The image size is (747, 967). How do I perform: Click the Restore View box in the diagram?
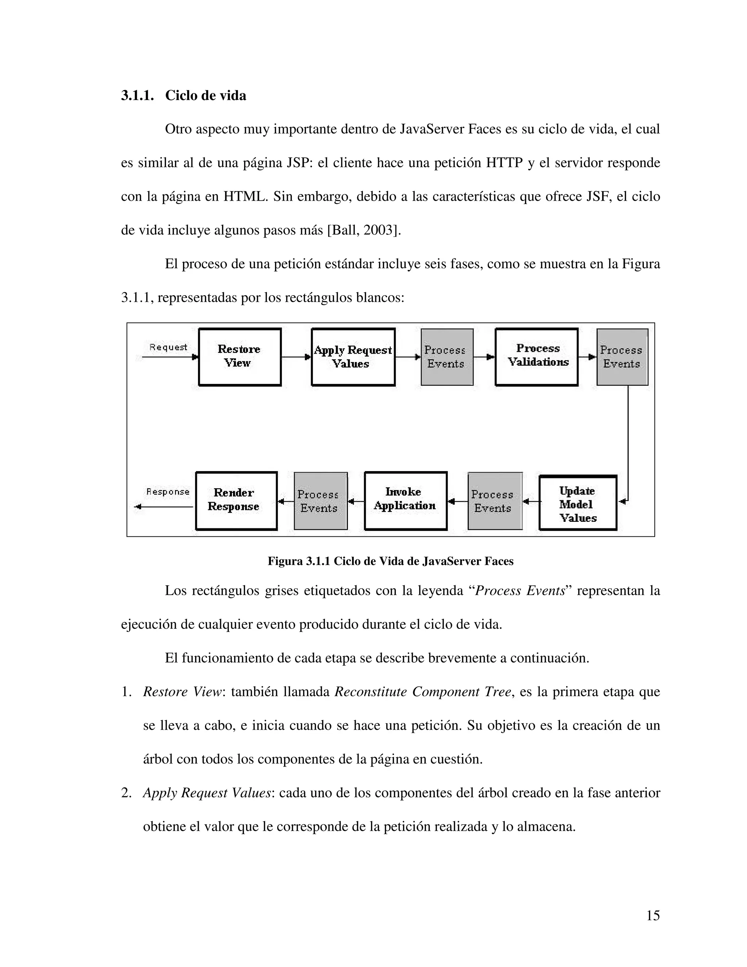(239, 357)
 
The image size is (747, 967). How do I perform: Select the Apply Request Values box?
(353, 357)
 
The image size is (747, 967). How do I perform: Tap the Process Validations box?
(536, 357)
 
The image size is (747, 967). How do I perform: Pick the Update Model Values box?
(577, 503)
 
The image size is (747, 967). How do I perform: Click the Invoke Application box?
(405, 500)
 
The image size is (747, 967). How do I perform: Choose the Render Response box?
(236, 500)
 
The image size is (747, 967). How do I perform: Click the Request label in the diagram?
(168, 347)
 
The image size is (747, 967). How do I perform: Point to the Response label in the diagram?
(168, 492)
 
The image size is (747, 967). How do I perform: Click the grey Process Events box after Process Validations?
(622, 357)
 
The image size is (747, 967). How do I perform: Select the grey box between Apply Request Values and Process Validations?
(446, 357)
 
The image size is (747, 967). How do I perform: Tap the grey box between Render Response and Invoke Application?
(320, 501)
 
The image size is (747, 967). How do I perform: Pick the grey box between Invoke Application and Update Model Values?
(495, 501)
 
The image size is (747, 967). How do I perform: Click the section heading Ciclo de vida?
(205, 95)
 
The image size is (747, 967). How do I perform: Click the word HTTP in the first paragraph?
(504, 163)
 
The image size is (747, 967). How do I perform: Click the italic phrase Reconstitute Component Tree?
(423, 691)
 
